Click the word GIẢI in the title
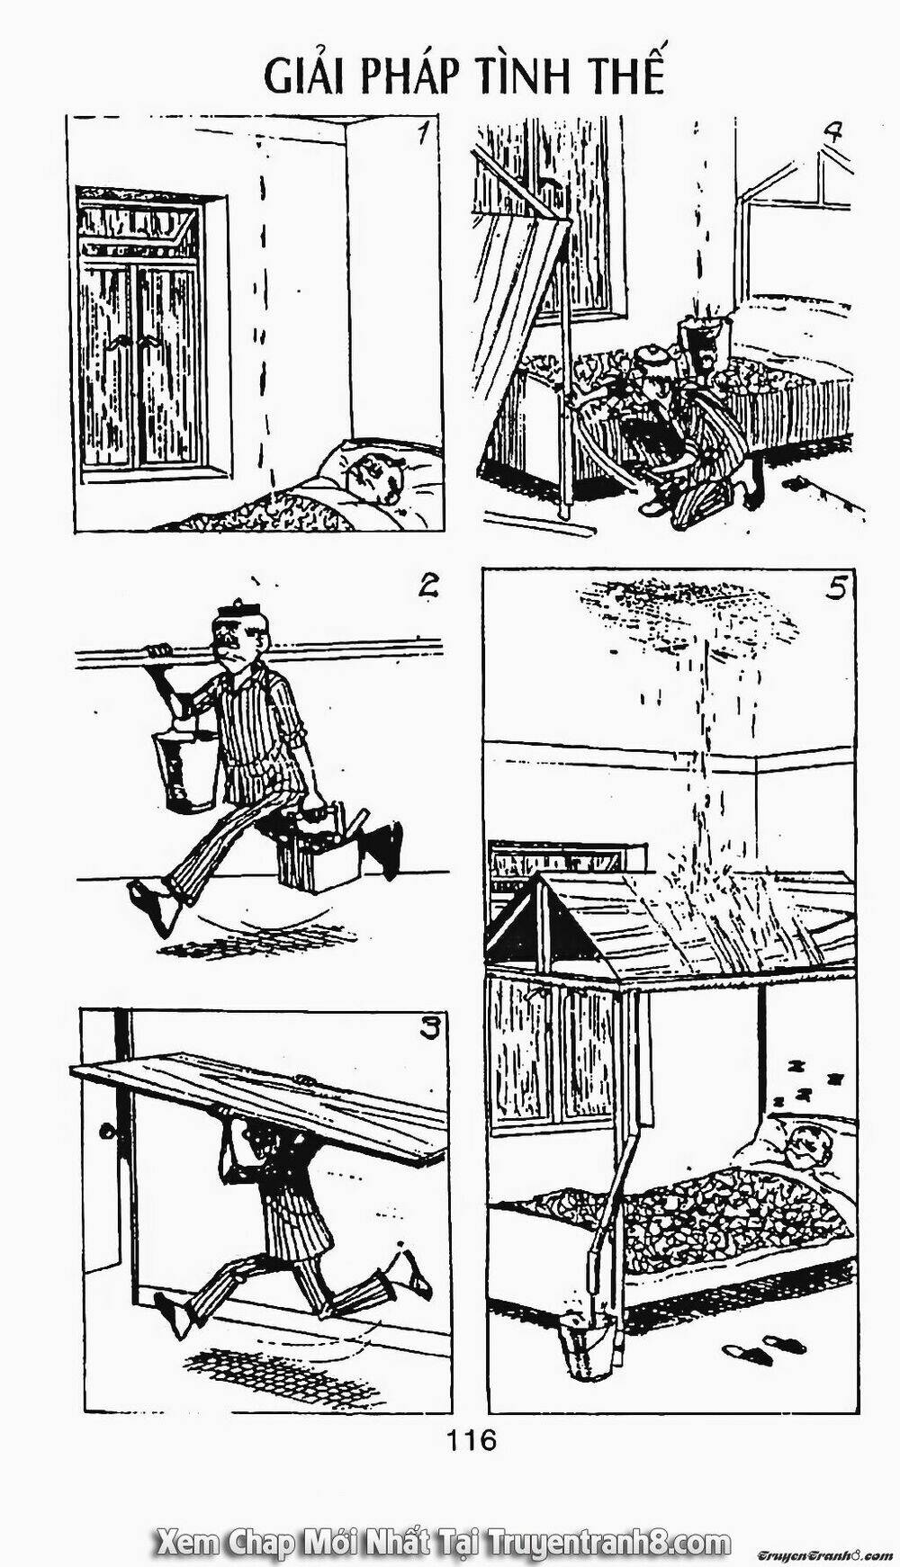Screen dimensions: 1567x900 304,79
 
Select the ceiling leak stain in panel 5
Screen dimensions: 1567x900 693,612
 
